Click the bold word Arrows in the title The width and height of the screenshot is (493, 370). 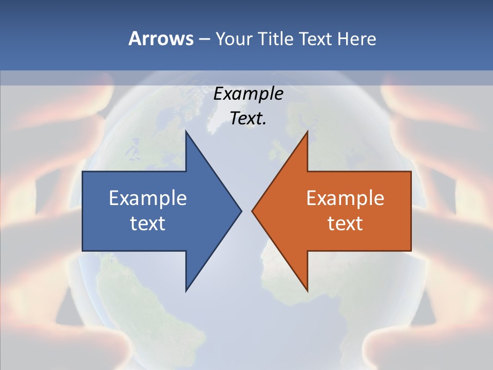click(160, 39)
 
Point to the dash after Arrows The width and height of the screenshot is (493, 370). click(204, 39)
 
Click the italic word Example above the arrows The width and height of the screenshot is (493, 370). click(248, 94)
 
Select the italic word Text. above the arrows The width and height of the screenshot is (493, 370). click(248, 119)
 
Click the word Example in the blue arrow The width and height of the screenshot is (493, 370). click(148, 198)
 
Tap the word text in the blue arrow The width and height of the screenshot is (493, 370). click(148, 223)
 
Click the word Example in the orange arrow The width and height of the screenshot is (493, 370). click(345, 198)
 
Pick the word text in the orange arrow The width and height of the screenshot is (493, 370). click(345, 223)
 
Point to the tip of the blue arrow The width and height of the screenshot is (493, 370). click(241, 211)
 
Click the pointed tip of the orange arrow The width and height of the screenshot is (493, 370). click(252, 211)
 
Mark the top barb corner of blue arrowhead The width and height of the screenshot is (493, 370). click(186, 132)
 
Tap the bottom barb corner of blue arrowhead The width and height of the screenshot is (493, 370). click(186, 291)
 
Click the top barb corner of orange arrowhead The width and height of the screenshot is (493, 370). click(307, 132)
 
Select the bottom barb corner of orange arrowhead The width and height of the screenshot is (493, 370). click(307, 291)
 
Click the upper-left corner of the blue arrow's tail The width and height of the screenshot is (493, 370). click(83, 172)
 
